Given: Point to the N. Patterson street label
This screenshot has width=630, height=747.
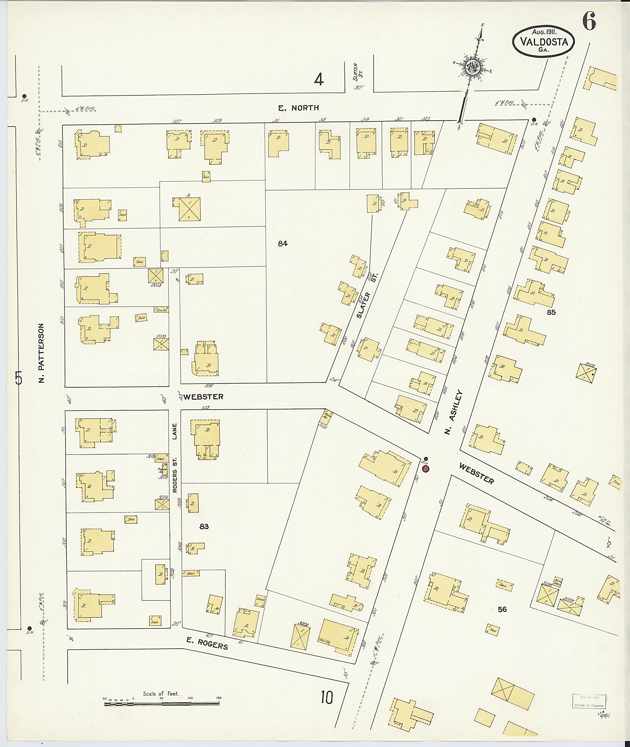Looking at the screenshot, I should coord(42,353).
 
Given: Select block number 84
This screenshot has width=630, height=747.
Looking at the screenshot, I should coord(282,244).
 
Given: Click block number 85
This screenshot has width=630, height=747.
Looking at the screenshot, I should coord(551,312).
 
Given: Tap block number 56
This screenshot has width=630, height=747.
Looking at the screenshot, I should coord(502,610).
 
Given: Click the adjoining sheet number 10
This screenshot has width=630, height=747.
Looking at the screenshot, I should coord(327,697).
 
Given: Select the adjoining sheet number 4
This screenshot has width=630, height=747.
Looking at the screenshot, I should coord(319,80).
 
